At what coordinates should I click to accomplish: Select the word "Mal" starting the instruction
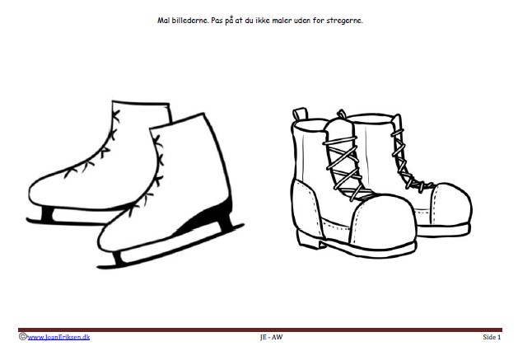coord(164,20)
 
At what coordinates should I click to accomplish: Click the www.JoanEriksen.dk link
coord(58,337)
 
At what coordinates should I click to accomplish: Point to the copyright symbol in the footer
coord(22,337)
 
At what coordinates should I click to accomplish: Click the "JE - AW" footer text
coord(271,337)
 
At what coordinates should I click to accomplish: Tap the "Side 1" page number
coord(492,337)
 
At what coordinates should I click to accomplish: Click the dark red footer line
coord(260,330)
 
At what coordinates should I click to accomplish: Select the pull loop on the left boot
coord(300,114)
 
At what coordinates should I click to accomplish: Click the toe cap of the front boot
coord(383,222)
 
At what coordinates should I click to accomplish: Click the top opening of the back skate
coord(141,103)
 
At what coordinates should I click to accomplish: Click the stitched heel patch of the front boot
coord(306,208)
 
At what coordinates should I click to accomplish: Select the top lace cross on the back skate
coord(115,115)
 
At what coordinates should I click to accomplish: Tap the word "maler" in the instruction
coord(282,21)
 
